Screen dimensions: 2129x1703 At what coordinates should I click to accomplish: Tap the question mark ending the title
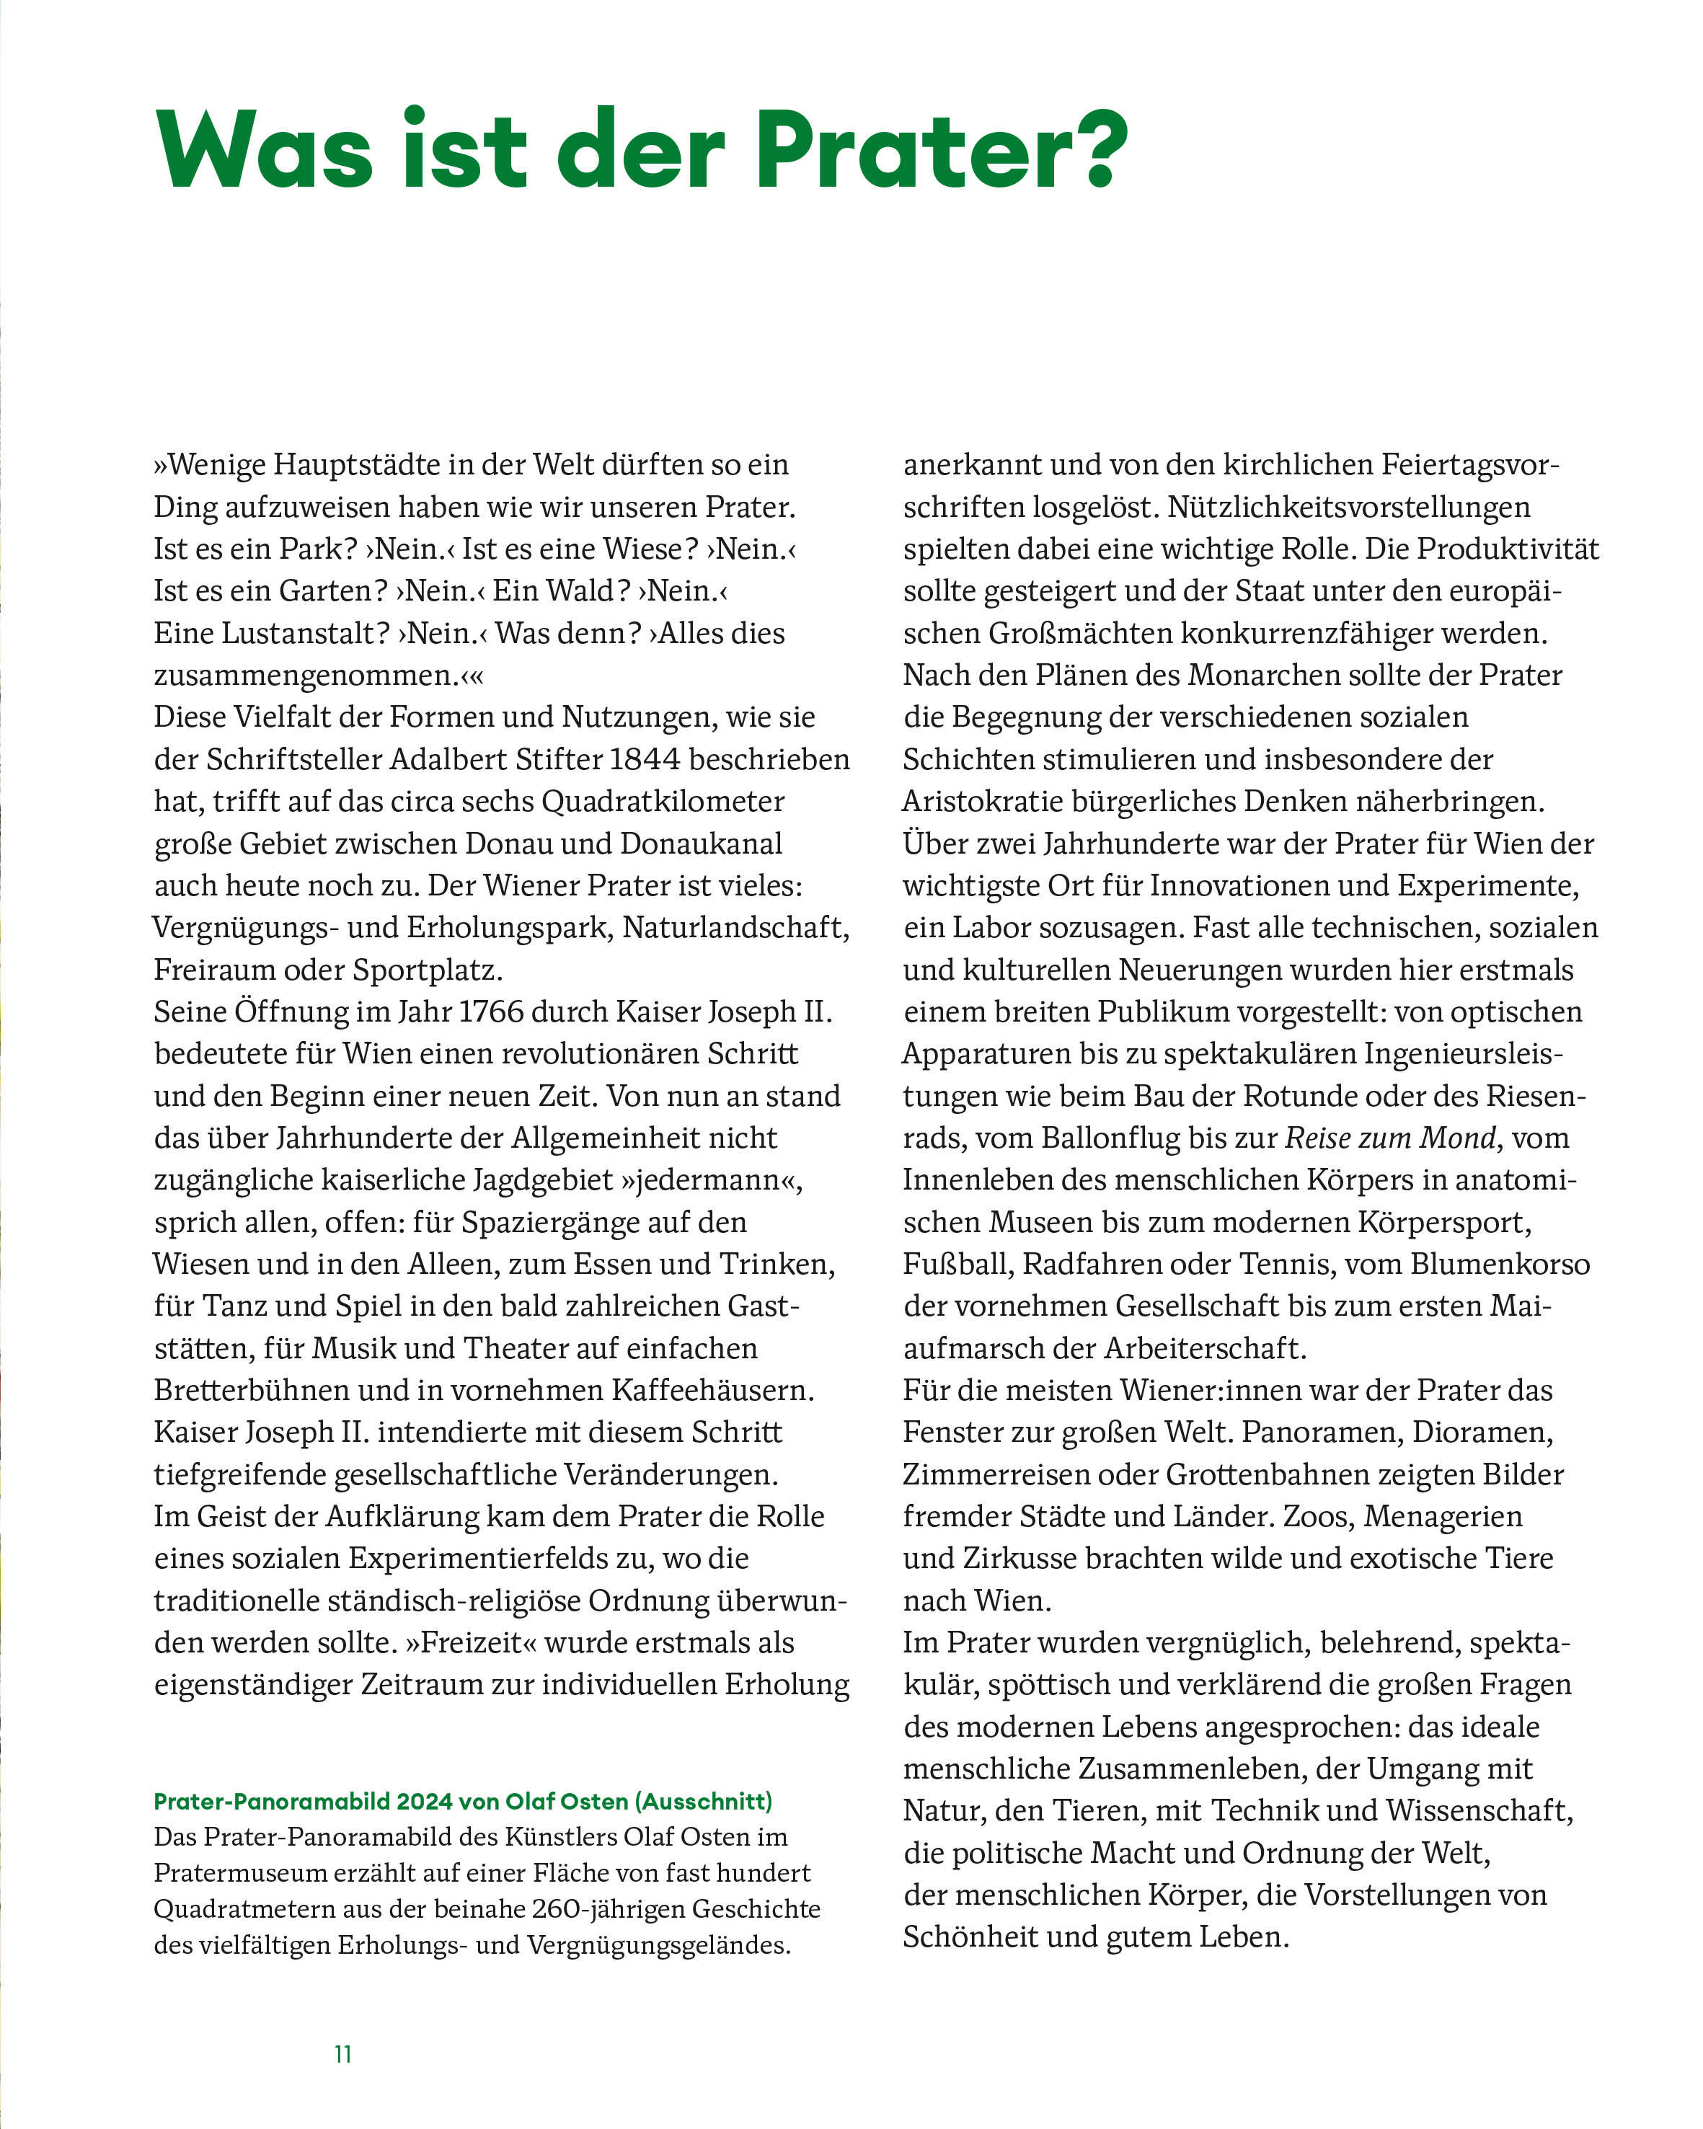click(1094, 148)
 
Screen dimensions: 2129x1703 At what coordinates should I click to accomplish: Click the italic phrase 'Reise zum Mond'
click(1390, 1138)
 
